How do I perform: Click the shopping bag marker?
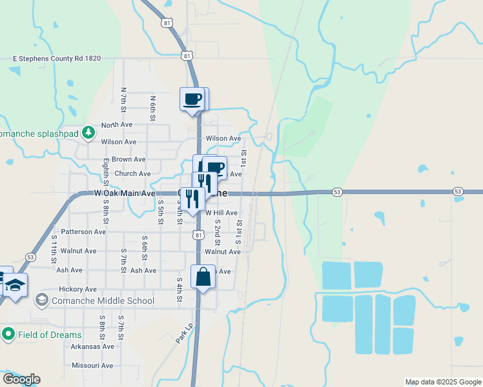(203, 277)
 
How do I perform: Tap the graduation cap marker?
(15, 284)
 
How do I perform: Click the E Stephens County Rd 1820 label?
(57, 58)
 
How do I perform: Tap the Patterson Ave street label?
(83, 232)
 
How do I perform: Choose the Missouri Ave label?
(92, 366)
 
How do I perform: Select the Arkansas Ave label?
(92, 346)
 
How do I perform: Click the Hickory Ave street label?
(77, 290)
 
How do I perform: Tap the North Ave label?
(116, 126)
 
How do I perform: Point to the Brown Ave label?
(128, 159)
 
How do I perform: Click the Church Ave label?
(132, 174)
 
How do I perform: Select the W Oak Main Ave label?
(125, 193)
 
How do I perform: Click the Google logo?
(21, 379)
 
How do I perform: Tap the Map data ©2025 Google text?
(443, 382)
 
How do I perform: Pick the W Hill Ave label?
(221, 212)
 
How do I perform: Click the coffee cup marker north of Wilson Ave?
(193, 100)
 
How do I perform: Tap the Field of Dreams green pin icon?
(8, 334)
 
